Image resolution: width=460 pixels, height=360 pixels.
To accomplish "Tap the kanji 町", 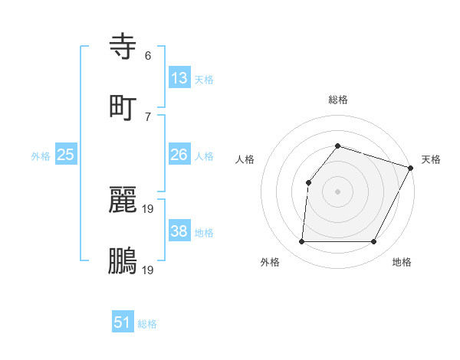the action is point(123,107).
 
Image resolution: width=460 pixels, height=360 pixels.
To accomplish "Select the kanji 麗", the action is point(123,201).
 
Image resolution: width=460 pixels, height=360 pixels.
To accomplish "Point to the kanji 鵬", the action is point(123,260).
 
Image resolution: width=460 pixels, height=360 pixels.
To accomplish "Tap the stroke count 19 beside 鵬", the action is point(148,270).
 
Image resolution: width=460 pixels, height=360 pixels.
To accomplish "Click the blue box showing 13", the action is point(179,77).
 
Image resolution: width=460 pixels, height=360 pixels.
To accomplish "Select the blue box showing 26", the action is point(179,155).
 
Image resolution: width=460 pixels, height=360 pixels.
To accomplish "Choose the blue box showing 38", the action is point(179,231).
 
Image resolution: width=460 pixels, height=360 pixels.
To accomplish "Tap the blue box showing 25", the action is point(66,155).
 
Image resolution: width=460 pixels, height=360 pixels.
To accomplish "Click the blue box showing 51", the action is point(123,322).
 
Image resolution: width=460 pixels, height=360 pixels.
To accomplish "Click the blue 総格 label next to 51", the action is point(147,324).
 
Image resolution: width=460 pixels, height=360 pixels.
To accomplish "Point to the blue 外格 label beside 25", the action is point(41,156).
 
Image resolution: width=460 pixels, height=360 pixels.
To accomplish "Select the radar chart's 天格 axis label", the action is point(431,159).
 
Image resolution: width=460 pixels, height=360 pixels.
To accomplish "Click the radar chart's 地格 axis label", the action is point(402,262).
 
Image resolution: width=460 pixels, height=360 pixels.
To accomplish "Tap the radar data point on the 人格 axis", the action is point(308,182).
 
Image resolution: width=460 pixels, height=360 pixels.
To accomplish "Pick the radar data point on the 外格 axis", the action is point(301,242).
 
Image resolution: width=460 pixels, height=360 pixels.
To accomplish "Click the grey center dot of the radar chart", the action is point(337,191).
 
